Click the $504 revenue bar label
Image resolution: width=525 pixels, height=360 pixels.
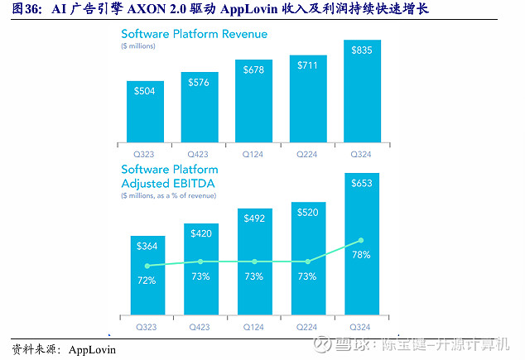pos(146,89)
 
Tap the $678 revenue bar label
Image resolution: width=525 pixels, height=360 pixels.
pos(253,70)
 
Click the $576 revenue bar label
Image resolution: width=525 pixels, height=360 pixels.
pos(199,82)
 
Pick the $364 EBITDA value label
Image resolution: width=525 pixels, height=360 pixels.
pos(146,246)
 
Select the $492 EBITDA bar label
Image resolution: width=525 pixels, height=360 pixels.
pos(253,219)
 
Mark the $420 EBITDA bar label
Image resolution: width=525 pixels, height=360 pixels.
pos(199,234)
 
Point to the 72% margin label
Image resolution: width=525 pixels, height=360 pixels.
pos(146,280)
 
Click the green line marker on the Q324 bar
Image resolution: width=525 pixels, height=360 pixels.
pos(359,241)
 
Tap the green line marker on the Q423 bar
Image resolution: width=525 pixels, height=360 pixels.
pos(200,262)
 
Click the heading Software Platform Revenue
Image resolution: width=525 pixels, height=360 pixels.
pos(194,34)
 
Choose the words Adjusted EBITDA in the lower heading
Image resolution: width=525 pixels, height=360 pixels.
pos(173,183)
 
